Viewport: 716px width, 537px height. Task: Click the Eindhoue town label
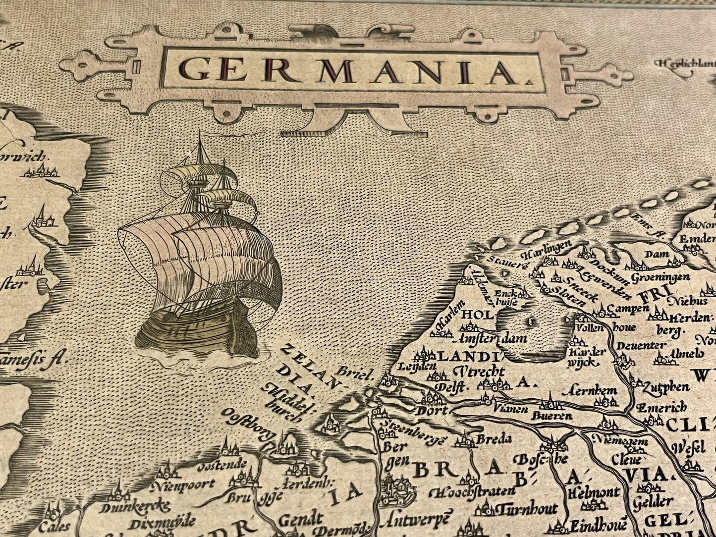(x=598, y=525)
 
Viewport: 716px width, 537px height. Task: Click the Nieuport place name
(x=183, y=484)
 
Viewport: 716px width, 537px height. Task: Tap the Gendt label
(x=301, y=519)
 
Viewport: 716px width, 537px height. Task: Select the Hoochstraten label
(x=466, y=492)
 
